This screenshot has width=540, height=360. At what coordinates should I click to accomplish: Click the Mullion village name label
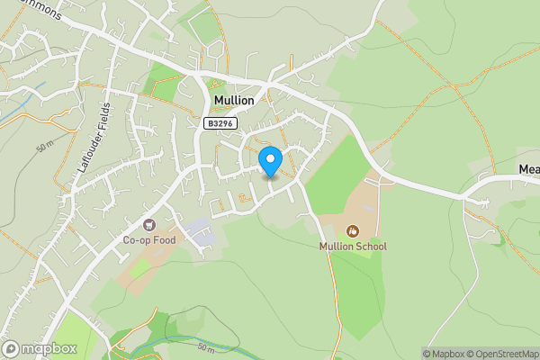tap(233, 101)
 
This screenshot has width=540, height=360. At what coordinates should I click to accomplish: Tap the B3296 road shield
tap(220, 124)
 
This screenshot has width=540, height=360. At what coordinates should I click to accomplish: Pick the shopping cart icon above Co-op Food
tap(148, 225)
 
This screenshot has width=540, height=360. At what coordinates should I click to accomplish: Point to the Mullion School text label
tap(353, 246)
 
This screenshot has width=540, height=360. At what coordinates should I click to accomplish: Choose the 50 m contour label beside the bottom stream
tap(205, 346)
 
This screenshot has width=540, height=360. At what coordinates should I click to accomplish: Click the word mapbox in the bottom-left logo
tap(49, 348)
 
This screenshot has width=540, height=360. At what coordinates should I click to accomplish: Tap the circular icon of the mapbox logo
tap(12, 348)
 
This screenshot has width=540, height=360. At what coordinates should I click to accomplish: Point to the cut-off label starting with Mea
tap(528, 168)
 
